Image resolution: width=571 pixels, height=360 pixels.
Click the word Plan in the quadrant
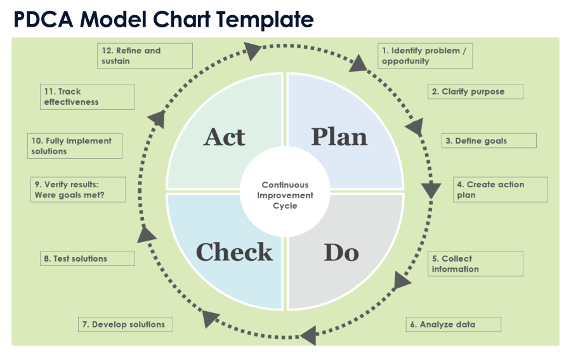pyautogui.click(x=339, y=137)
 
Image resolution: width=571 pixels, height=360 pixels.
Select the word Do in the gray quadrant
pyautogui.click(x=341, y=253)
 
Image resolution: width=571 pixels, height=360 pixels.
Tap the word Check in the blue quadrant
pyautogui.click(x=234, y=252)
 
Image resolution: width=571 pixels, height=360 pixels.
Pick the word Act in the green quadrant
pyautogui.click(x=225, y=137)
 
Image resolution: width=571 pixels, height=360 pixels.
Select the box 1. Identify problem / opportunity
pyautogui.click(x=426, y=56)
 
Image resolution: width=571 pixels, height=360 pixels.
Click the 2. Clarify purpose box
pyautogui.click(x=475, y=91)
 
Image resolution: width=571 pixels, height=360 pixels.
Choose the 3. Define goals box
pyautogui.click(x=489, y=141)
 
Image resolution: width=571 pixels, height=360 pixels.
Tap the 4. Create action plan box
pyautogui.click(x=500, y=190)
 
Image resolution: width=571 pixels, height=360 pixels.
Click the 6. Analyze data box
pyautogui.click(x=453, y=324)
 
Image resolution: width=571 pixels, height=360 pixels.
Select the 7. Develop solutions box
pyautogui.click(x=126, y=324)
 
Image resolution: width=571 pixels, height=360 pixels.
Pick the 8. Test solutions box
pyautogui.click(x=87, y=258)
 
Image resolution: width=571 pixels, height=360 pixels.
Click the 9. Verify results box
pyautogui.click(x=78, y=190)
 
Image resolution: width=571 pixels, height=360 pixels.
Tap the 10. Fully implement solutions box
pyautogui.click(x=75, y=146)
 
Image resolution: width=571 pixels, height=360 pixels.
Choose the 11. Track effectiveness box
pyautogui.click(x=88, y=97)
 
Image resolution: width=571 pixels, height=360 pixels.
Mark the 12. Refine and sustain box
pyautogui.click(x=145, y=56)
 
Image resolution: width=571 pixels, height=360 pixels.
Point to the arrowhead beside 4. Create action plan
pyautogui.click(x=431, y=190)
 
